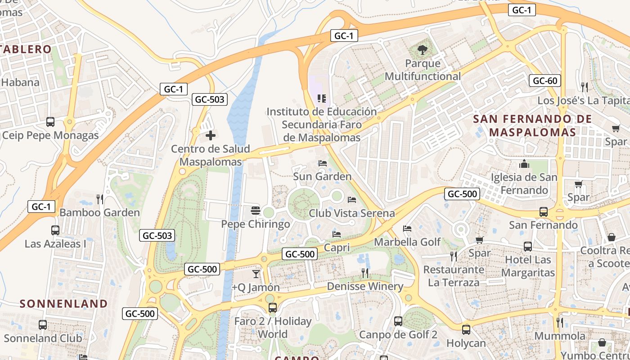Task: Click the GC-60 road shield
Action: pos(544,81)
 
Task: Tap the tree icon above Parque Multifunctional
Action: pos(423,49)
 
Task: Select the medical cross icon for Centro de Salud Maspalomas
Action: pos(211,135)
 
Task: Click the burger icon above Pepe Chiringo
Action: pos(256,210)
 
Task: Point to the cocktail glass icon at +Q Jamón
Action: pos(256,274)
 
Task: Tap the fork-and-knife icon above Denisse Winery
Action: pos(365,273)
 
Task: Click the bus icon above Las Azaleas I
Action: pos(55,230)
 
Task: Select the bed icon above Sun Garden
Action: pos(322,163)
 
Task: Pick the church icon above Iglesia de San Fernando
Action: pos(524,164)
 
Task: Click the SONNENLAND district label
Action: pos(64,304)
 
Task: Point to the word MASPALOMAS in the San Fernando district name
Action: pos(532,132)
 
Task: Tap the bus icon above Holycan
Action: pos(466,329)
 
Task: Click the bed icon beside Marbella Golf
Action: pos(407,229)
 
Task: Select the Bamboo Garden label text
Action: pos(99,212)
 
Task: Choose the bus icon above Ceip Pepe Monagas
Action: pos(50,122)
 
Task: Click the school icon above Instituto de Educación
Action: pos(322,98)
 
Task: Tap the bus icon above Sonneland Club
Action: pos(43,324)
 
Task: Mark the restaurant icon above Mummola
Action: pos(560,322)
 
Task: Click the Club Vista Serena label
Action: pos(351,213)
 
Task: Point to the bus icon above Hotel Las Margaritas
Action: pos(528,247)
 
